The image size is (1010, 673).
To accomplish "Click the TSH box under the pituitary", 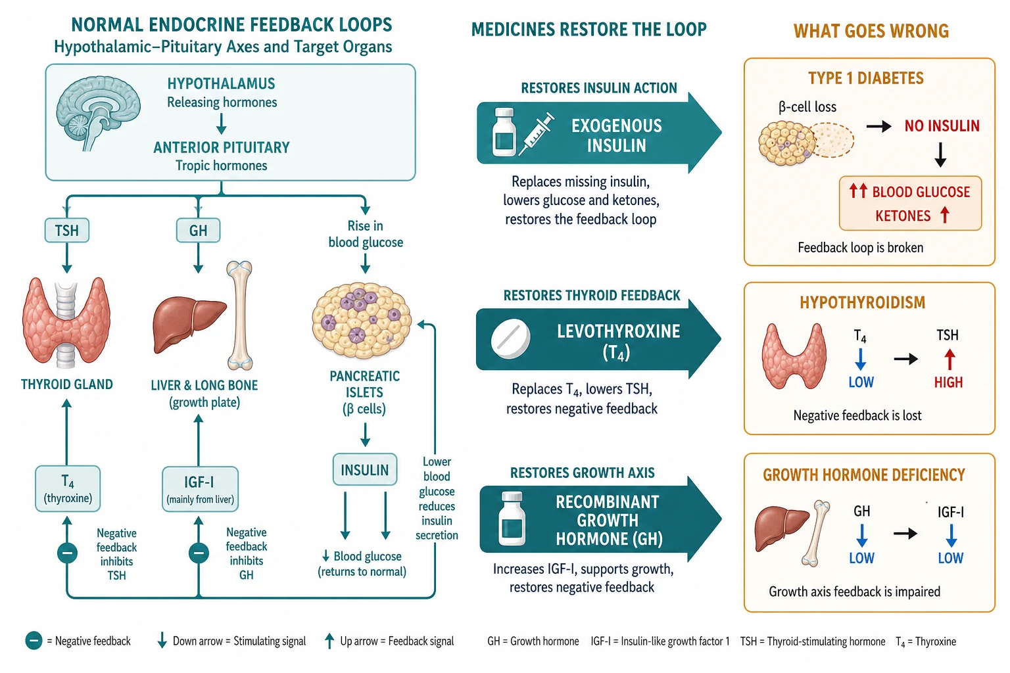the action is pyautogui.click(x=66, y=230).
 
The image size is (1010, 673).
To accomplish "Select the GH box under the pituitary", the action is pyautogui.click(x=198, y=230).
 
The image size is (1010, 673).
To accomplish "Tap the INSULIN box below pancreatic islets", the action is pyautogui.click(x=365, y=470).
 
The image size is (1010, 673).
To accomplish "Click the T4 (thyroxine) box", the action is pyautogui.click(x=68, y=488).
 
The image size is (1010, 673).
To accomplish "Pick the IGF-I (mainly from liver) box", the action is pyautogui.click(x=200, y=489).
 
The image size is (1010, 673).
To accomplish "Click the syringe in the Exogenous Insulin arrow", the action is pyautogui.click(x=536, y=134).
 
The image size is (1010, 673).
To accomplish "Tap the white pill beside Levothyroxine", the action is pyautogui.click(x=510, y=339).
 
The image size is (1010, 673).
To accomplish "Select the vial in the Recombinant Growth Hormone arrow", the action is pyautogui.click(x=512, y=519).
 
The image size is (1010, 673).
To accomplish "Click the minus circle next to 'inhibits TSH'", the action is pyautogui.click(x=67, y=553).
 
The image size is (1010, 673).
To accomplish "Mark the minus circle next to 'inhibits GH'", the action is pyautogui.click(x=199, y=553).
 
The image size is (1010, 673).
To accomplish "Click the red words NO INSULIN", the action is pyautogui.click(x=942, y=126).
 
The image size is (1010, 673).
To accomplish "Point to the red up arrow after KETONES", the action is pyautogui.click(x=945, y=215).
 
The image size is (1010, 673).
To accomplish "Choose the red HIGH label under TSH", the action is pyautogui.click(x=948, y=383).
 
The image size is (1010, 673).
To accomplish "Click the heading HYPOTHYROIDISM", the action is pyautogui.click(x=863, y=302).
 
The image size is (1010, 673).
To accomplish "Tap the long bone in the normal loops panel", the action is pyautogui.click(x=240, y=315).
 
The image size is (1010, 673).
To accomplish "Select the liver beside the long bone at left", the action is pyautogui.click(x=189, y=323).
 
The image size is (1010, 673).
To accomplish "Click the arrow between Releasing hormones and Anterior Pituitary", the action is pyautogui.click(x=221, y=124).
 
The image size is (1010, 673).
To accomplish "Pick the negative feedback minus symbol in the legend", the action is pyautogui.click(x=34, y=641).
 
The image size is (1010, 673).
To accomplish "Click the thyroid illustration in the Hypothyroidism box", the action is pyautogui.click(x=794, y=356).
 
